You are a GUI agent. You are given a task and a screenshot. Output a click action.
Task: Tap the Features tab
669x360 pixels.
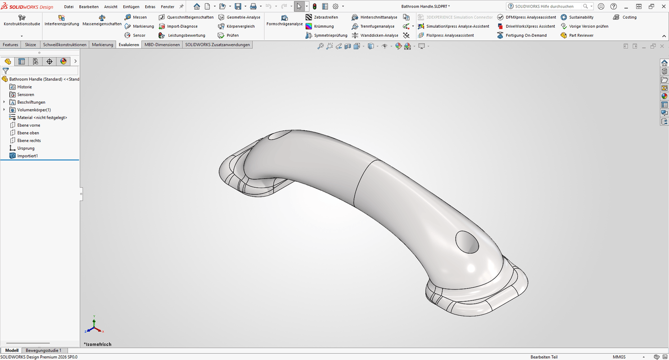[x=11, y=44]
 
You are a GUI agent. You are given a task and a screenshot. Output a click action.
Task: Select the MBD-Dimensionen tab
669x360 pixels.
[x=162, y=44]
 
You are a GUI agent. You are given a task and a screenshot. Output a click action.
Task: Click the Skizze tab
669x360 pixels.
[x=31, y=44]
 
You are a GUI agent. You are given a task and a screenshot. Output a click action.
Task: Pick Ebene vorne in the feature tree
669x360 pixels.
[x=28, y=125]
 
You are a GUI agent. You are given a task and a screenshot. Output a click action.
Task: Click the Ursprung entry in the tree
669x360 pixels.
[x=26, y=148]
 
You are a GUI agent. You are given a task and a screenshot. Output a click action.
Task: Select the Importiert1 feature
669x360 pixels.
[x=27, y=156]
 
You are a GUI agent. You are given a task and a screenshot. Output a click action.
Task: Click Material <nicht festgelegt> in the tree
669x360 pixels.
[x=42, y=118]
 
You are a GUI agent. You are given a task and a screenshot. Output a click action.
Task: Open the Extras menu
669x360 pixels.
[x=150, y=7]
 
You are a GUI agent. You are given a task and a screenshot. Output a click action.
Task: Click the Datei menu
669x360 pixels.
[x=69, y=7]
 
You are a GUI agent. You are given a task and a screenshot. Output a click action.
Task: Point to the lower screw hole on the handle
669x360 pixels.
[x=467, y=242]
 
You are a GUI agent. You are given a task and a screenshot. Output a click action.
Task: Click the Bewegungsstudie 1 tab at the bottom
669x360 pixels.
[x=43, y=350]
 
